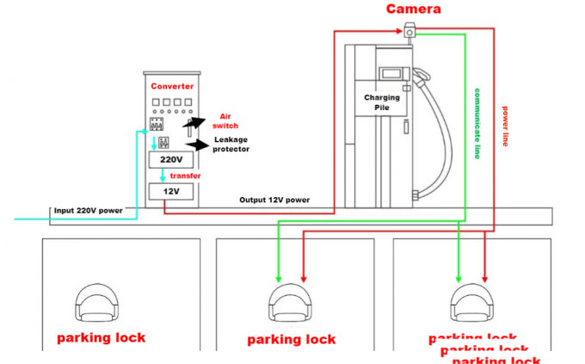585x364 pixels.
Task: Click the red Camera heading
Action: tap(413, 9)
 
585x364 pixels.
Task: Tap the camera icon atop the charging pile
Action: tap(408, 32)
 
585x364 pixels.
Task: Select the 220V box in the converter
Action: tap(173, 160)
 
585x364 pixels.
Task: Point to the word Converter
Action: tap(173, 87)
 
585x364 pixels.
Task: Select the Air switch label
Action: tap(229, 120)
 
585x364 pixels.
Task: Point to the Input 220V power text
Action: tap(89, 210)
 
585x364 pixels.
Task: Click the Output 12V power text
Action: tap(274, 200)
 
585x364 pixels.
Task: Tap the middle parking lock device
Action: tap(290, 305)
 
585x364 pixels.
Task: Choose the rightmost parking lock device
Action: tap(472, 305)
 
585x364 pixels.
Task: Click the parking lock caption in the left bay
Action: tap(101, 337)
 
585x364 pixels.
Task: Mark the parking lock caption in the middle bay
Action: tap(291, 339)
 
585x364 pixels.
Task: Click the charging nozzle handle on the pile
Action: tap(421, 82)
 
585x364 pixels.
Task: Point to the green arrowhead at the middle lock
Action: tap(278, 278)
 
